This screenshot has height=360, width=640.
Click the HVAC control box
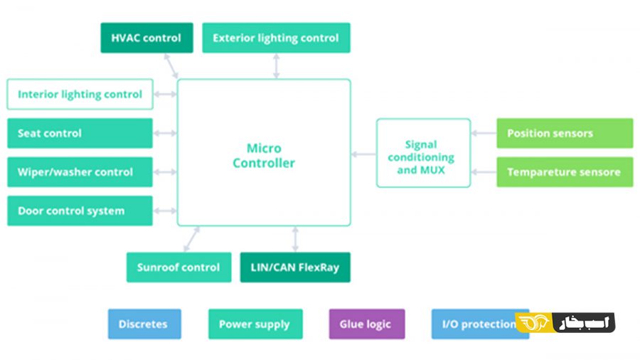click(146, 38)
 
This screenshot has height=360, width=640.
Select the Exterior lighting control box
click(276, 38)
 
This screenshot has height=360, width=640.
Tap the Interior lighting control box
click(80, 94)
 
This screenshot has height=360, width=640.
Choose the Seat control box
click(80, 133)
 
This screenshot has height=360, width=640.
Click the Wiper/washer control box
click(80, 172)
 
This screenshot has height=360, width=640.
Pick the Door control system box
click(80, 211)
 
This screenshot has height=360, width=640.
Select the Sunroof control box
click(178, 268)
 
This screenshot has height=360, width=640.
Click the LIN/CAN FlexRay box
click(295, 268)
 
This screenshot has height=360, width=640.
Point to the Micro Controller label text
click(264, 156)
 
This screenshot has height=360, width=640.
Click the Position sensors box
click(565, 133)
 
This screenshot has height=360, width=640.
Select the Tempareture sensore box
click(565, 172)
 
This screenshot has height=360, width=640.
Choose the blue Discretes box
click(144, 324)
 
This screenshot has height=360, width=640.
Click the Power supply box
click(255, 324)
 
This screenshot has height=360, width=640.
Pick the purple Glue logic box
click(366, 324)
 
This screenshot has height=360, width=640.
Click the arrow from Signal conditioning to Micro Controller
click(363, 154)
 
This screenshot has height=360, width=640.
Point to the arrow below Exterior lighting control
click(276, 65)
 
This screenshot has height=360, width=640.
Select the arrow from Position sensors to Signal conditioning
click(484, 133)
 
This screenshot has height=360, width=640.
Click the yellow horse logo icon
click(533, 322)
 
